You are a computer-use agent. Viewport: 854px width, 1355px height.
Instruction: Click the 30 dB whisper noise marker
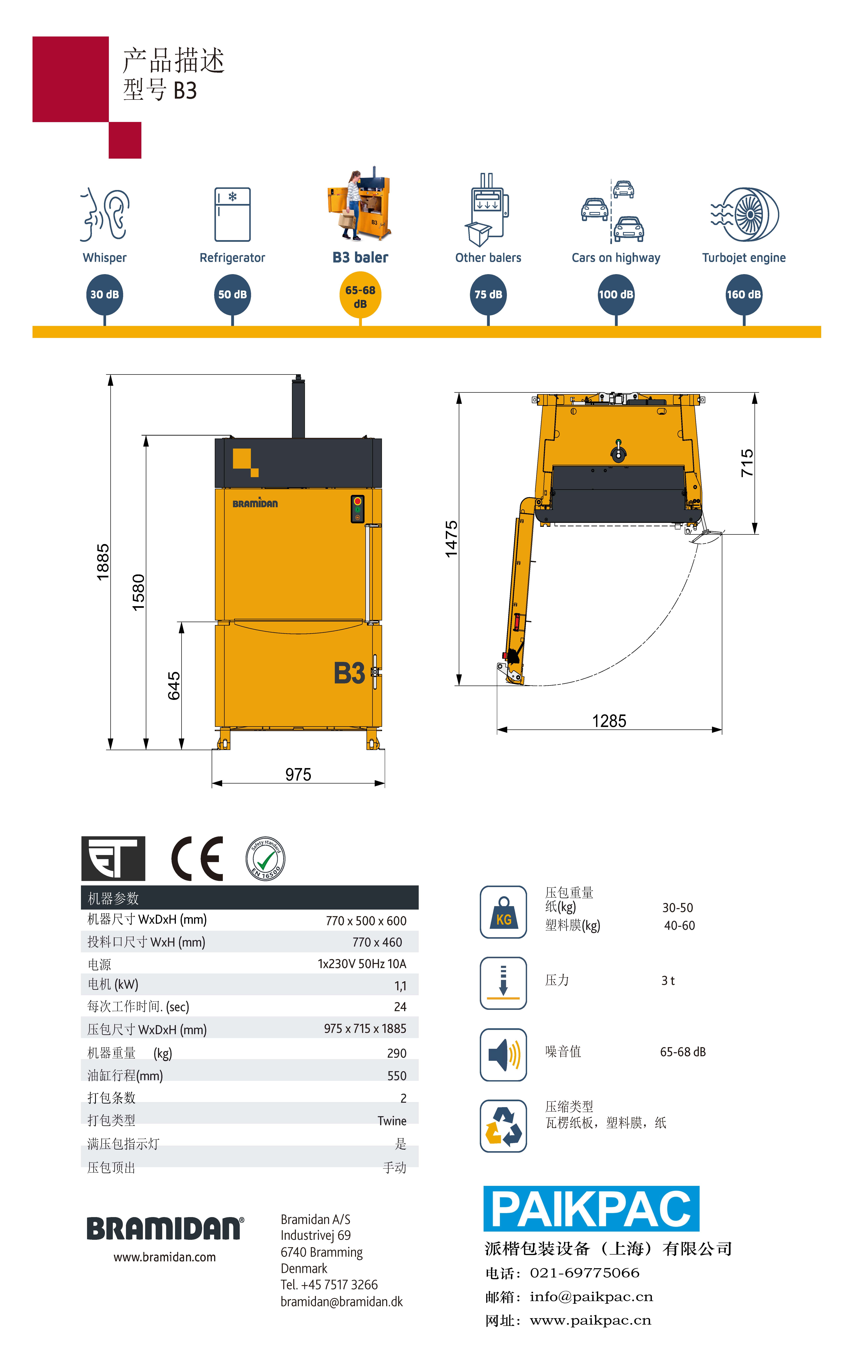pyautogui.click(x=105, y=294)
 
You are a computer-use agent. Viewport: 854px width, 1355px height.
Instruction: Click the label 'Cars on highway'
pyautogui.click(x=616, y=258)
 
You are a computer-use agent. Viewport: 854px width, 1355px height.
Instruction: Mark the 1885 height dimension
pyautogui.click(x=103, y=562)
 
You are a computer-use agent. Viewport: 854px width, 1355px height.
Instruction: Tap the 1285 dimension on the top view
pyautogui.click(x=609, y=721)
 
